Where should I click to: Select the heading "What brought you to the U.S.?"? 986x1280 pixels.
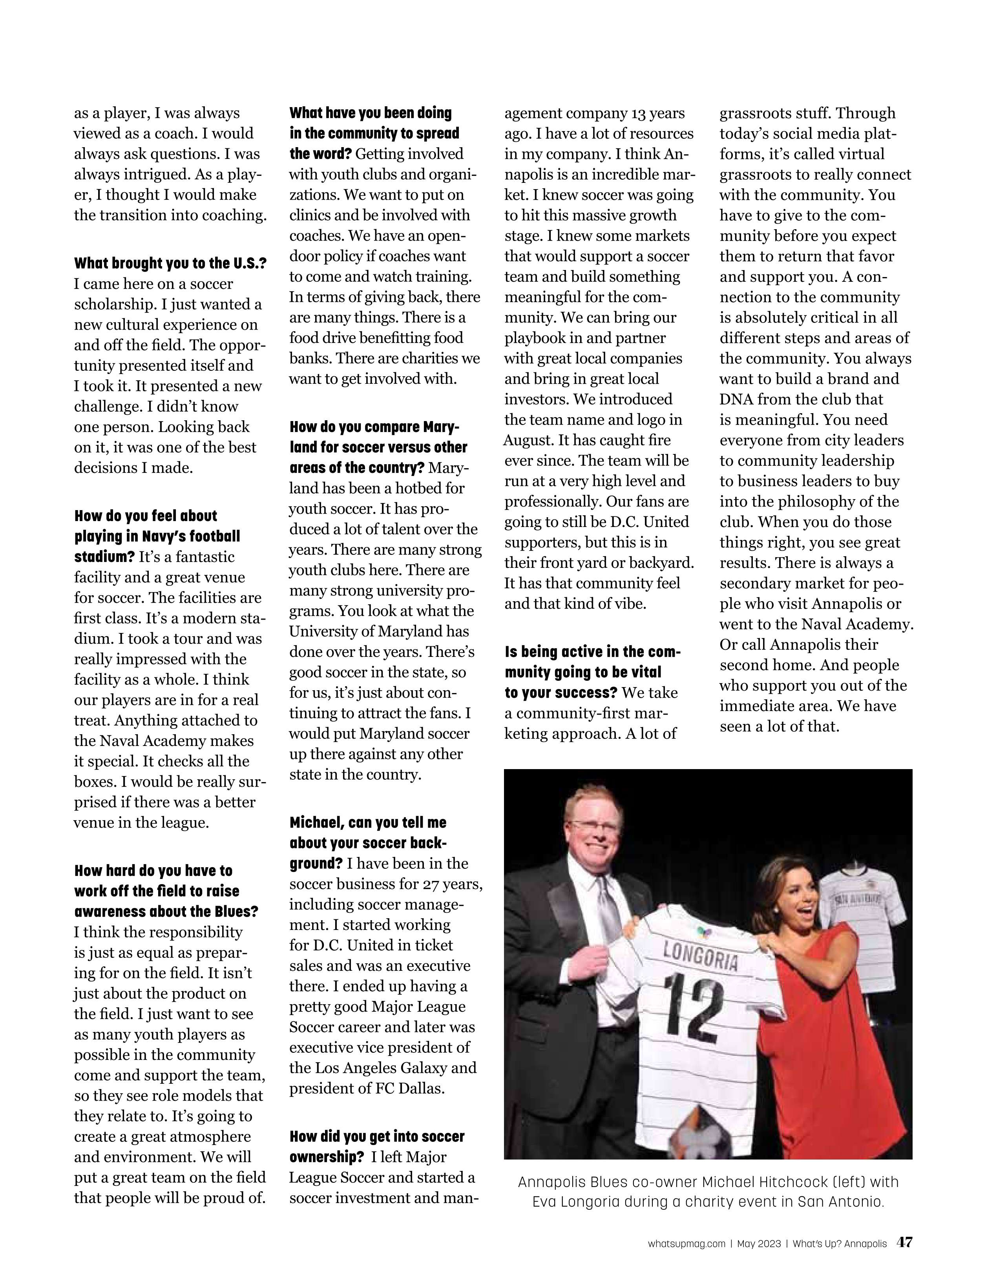[170, 263]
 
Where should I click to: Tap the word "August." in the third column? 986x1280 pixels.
[530, 440]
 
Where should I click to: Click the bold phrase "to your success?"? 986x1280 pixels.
[561, 693]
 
